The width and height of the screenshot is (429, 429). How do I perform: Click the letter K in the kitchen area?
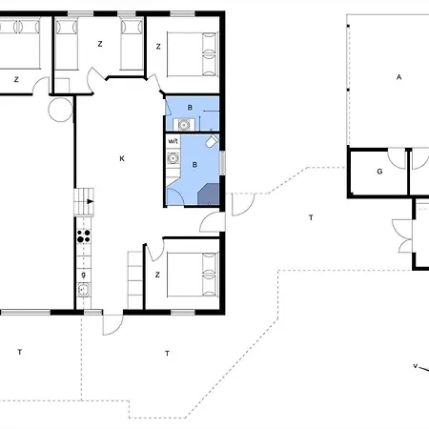point(122,158)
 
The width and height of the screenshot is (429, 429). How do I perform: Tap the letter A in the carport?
point(398,77)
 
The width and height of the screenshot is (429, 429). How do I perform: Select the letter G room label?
point(379,172)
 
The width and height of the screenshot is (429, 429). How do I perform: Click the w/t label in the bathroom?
point(173,141)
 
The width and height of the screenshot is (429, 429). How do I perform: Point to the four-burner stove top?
point(84,236)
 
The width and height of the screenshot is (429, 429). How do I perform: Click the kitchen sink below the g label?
point(84,290)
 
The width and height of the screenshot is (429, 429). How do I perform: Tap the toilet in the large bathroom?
point(212,140)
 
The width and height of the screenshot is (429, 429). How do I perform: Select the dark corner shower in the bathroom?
point(209,194)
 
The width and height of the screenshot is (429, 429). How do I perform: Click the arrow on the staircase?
point(91,201)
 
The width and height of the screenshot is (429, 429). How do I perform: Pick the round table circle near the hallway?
point(60,110)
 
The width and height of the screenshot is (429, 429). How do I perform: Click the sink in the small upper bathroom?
point(184,125)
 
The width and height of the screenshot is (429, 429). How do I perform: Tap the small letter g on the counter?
point(84,275)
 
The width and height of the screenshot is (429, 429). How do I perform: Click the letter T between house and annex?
point(311,217)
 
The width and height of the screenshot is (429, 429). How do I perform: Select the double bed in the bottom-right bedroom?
point(193,275)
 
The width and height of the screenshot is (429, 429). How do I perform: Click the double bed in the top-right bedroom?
point(193,54)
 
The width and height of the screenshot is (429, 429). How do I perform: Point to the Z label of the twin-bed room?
point(100,44)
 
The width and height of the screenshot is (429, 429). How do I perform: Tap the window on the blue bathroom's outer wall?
point(223,162)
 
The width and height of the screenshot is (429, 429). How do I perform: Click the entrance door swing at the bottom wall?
point(112,325)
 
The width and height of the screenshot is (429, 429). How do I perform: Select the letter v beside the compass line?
point(415,366)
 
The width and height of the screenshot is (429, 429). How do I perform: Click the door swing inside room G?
point(396,159)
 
